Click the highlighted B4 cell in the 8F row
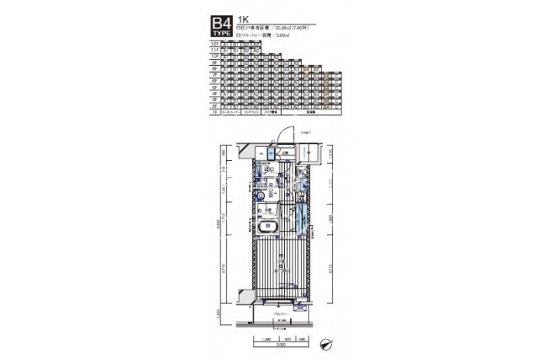click(306, 69)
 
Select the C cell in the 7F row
click(335, 75)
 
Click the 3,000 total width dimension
click(283, 345)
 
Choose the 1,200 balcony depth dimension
click(219, 313)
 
